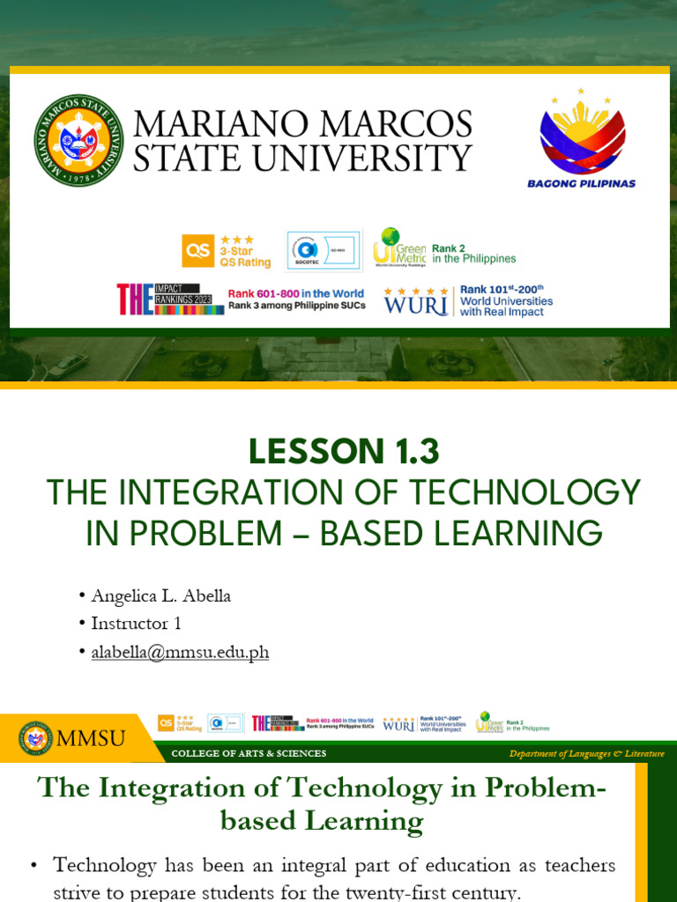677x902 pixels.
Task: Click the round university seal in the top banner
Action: pyautogui.click(x=79, y=140)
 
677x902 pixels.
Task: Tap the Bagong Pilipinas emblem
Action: pyautogui.click(x=582, y=132)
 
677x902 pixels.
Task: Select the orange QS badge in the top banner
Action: pyautogui.click(x=197, y=251)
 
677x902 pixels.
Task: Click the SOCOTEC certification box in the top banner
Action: pyautogui.click(x=323, y=251)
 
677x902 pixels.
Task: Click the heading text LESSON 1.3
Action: pyautogui.click(x=343, y=452)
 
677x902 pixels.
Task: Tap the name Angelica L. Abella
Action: pyautogui.click(x=161, y=596)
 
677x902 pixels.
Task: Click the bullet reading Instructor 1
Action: pyautogui.click(x=136, y=624)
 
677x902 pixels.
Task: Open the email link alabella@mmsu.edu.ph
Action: pyautogui.click(x=180, y=653)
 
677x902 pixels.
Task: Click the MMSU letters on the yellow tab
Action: pyautogui.click(x=91, y=738)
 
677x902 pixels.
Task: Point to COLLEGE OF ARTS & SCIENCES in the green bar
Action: pyautogui.click(x=249, y=754)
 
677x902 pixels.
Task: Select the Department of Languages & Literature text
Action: pyautogui.click(x=586, y=754)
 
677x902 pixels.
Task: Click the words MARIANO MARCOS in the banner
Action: pyautogui.click(x=302, y=125)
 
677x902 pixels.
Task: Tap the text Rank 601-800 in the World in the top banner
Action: pyautogui.click(x=296, y=294)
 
